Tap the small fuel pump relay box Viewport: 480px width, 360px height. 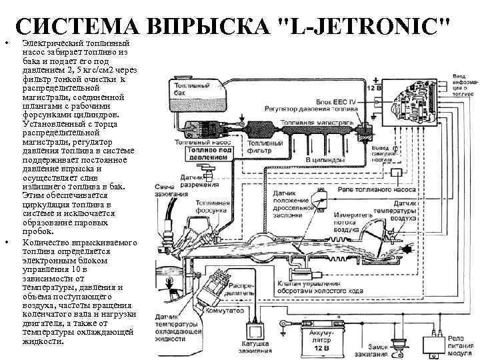pyautogui.click(x=398, y=172)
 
